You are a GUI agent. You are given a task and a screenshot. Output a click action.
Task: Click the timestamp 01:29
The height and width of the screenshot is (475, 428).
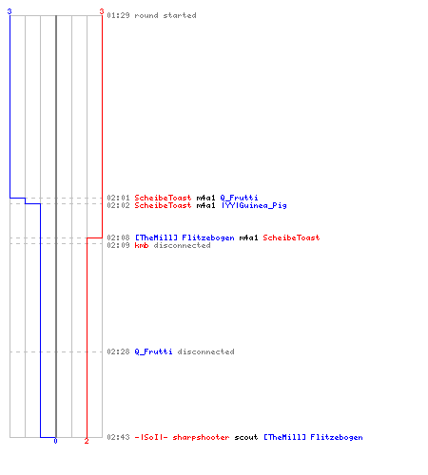point(118,15)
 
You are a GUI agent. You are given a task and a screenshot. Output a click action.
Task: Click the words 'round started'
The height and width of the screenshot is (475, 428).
point(165,15)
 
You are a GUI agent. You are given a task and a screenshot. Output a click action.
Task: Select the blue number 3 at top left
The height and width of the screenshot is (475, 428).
point(10,11)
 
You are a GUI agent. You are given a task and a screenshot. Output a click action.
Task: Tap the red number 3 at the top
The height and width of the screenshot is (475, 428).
point(102,11)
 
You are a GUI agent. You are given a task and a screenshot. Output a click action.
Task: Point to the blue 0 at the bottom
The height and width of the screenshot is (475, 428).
point(55,441)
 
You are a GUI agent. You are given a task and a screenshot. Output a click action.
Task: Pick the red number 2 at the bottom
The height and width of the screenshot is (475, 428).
point(87,441)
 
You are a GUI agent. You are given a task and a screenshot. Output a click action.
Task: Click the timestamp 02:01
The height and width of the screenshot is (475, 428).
point(118,198)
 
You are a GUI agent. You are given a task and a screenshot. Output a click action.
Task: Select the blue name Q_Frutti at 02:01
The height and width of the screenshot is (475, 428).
point(239,198)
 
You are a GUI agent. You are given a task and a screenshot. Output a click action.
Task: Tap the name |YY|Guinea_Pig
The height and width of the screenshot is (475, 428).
point(254,205)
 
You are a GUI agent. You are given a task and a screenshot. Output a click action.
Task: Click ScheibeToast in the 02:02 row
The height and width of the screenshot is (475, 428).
point(163,205)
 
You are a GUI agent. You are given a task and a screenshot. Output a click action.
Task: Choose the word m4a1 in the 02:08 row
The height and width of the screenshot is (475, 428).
point(248,237)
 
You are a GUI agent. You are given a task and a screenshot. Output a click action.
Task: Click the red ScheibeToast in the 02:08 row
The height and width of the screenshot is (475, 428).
point(291,237)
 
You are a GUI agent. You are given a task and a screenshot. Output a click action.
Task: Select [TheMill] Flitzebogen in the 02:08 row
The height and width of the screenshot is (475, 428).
point(185,237)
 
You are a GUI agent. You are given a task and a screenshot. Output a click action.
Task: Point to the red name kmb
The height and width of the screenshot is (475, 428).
point(142,245)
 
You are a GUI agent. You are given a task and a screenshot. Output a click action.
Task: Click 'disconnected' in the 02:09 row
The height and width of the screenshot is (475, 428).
point(182,245)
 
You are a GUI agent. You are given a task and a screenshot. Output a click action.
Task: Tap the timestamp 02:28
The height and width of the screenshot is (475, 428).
point(118,351)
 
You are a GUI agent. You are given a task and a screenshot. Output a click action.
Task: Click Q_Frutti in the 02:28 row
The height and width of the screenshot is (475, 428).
point(153,351)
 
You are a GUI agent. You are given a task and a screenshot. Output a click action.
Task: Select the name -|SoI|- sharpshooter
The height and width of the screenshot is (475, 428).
point(182,437)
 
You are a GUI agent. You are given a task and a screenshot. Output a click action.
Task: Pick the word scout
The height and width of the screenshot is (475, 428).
point(246,437)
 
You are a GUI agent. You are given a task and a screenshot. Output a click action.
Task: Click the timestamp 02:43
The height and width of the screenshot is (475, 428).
point(118,437)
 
